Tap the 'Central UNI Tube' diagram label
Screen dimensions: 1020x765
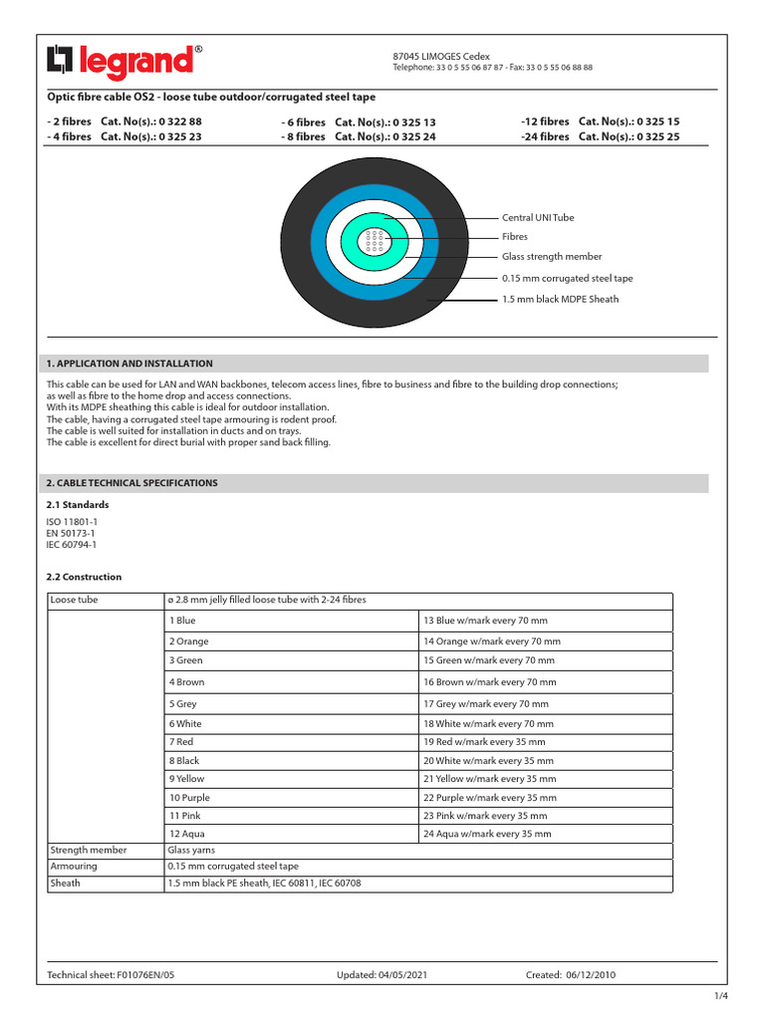(x=538, y=217)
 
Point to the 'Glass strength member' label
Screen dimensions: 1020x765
(x=552, y=257)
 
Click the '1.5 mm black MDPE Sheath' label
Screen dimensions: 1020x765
(x=560, y=299)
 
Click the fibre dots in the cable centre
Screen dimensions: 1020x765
(x=375, y=240)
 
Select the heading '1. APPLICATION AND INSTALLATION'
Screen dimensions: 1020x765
(x=129, y=364)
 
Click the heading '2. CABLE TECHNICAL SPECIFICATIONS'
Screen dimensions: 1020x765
(x=132, y=483)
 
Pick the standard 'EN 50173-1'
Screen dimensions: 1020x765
(x=71, y=534)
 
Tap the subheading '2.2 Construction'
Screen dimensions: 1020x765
(x=85, y=577)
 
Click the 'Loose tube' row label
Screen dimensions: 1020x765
(x=75, y=602)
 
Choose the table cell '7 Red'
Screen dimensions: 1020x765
(x=181, y=742)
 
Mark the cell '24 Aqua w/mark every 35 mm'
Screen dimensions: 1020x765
(x=487, y=834)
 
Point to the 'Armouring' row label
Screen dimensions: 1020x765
(x=73, y=867)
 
